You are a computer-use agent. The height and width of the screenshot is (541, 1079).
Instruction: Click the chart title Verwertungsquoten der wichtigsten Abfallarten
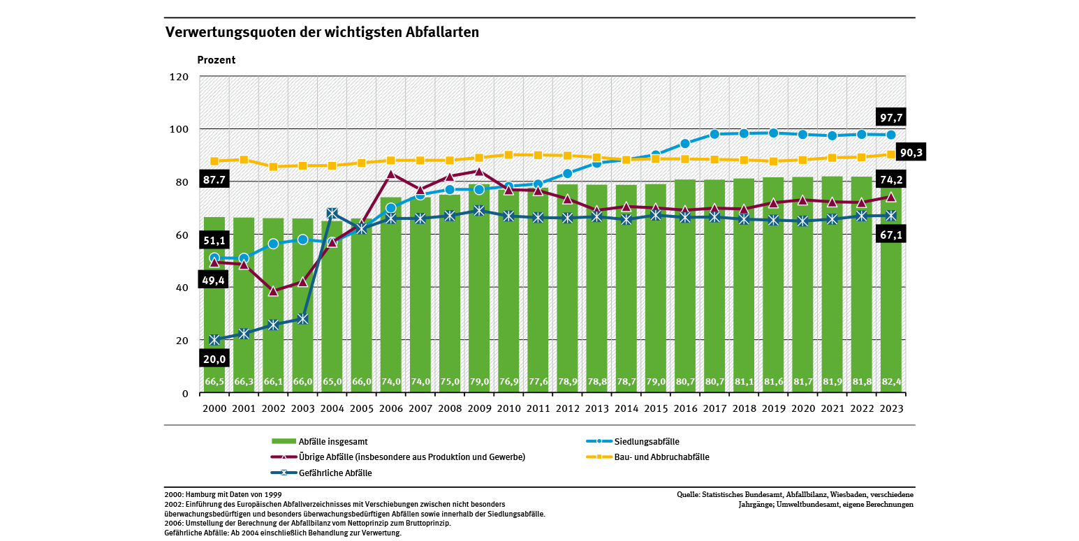[x=322, y=32]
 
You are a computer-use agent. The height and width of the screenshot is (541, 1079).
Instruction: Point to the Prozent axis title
[x=216, y=60]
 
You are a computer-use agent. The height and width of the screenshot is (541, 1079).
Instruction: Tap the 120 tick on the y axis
[x=179, y=77]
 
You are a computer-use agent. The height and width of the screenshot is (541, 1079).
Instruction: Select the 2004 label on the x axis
[x=332, y=409]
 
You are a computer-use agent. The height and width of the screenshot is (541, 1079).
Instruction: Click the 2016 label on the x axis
[x=684, y=409]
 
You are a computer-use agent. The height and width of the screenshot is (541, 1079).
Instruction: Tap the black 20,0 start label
[x=214, y=359]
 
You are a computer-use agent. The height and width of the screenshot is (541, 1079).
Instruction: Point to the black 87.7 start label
[x=214, y=180]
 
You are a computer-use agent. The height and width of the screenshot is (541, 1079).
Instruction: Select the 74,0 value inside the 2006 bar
[x=390, y=382]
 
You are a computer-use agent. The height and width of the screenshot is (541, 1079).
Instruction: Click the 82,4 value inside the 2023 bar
[x=890, y=382]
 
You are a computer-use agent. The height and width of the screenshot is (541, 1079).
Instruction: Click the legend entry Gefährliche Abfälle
[x=335, y=473]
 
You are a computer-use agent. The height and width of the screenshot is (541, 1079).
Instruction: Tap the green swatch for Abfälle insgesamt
[x=283, y=441]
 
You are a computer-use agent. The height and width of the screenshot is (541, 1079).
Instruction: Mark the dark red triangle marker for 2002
[x=273, y=291]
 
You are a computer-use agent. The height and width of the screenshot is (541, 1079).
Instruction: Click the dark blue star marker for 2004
[x=332, y=213]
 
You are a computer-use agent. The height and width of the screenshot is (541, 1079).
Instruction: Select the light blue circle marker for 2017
[x=714, y=134]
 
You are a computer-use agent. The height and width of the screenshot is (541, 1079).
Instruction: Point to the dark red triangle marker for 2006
[x=390, y=174]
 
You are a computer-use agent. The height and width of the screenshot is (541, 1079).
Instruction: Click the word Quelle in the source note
[x=690, y=494]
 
